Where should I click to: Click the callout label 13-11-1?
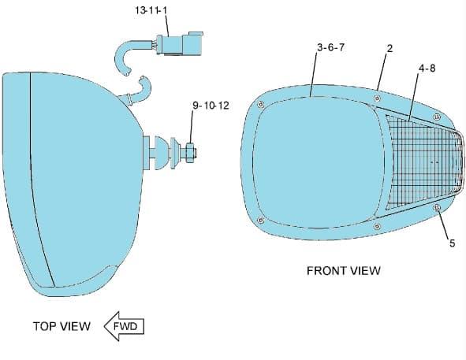click(x=151, y=10)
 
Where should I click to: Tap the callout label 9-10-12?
click(x=211, y=105)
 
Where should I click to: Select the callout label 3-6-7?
click(x=330, y=47)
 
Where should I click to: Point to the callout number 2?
click(x=390, y=48)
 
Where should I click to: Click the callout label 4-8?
click(x=427, y=68)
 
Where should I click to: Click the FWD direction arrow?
click(x=125, y=326)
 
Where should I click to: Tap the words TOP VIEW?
click(x=62, y=326)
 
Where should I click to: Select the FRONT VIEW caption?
click(x=344, y=271)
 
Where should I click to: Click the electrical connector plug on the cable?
click(x=180, y=44)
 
